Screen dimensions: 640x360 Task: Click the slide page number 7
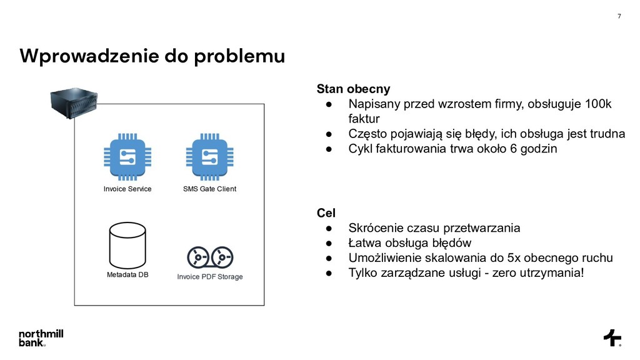pos(619,16)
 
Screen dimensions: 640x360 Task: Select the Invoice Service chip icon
pos(127,157)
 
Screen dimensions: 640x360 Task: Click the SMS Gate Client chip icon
pos(209,157)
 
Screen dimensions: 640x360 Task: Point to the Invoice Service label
pos(127,189)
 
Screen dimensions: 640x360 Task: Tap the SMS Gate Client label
pos(209,189)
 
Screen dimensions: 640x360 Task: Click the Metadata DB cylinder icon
pos(127,245)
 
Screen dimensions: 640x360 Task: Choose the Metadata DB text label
pos(127,275)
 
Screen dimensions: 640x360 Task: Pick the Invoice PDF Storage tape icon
pos(210,256)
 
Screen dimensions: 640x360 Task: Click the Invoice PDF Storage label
pos(210,276)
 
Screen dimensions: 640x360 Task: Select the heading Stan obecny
pos(353,89)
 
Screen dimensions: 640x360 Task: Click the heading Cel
pos(326,214)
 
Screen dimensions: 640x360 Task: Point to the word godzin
pos(537,149)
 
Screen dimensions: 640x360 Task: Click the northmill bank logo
pos(41,337)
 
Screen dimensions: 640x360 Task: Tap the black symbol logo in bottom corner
pos(612,337)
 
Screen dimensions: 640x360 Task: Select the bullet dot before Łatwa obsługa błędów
pos(327,242)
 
